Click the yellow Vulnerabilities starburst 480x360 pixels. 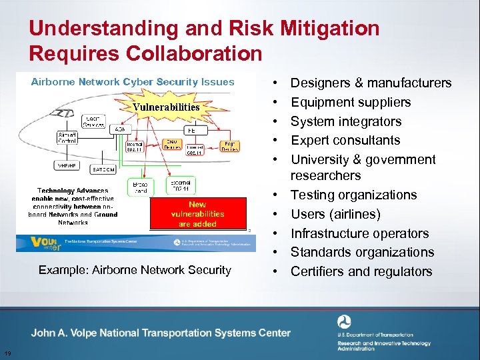coord(166,107)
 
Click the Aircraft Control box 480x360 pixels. coord(70,138)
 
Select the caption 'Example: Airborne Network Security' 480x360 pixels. coord(135,270)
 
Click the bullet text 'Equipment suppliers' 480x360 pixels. coord(351,102)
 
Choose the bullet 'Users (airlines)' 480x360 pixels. coord(335,214)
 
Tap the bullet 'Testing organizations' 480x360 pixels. coord(353,195)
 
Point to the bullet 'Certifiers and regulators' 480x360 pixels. coord(361,271)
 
